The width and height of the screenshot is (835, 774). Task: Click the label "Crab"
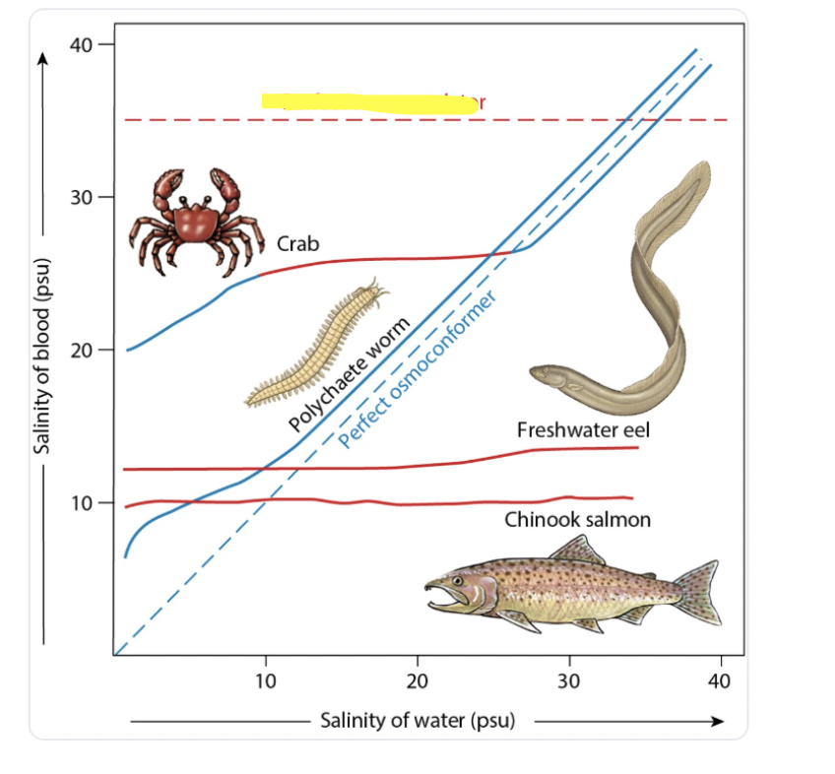point(297,243)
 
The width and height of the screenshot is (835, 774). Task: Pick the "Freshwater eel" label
point(583,430)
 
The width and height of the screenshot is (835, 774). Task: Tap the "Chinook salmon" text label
point(577,519)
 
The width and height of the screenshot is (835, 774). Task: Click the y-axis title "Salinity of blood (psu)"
point(42,363)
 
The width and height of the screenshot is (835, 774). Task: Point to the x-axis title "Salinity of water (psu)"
point(417,720)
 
